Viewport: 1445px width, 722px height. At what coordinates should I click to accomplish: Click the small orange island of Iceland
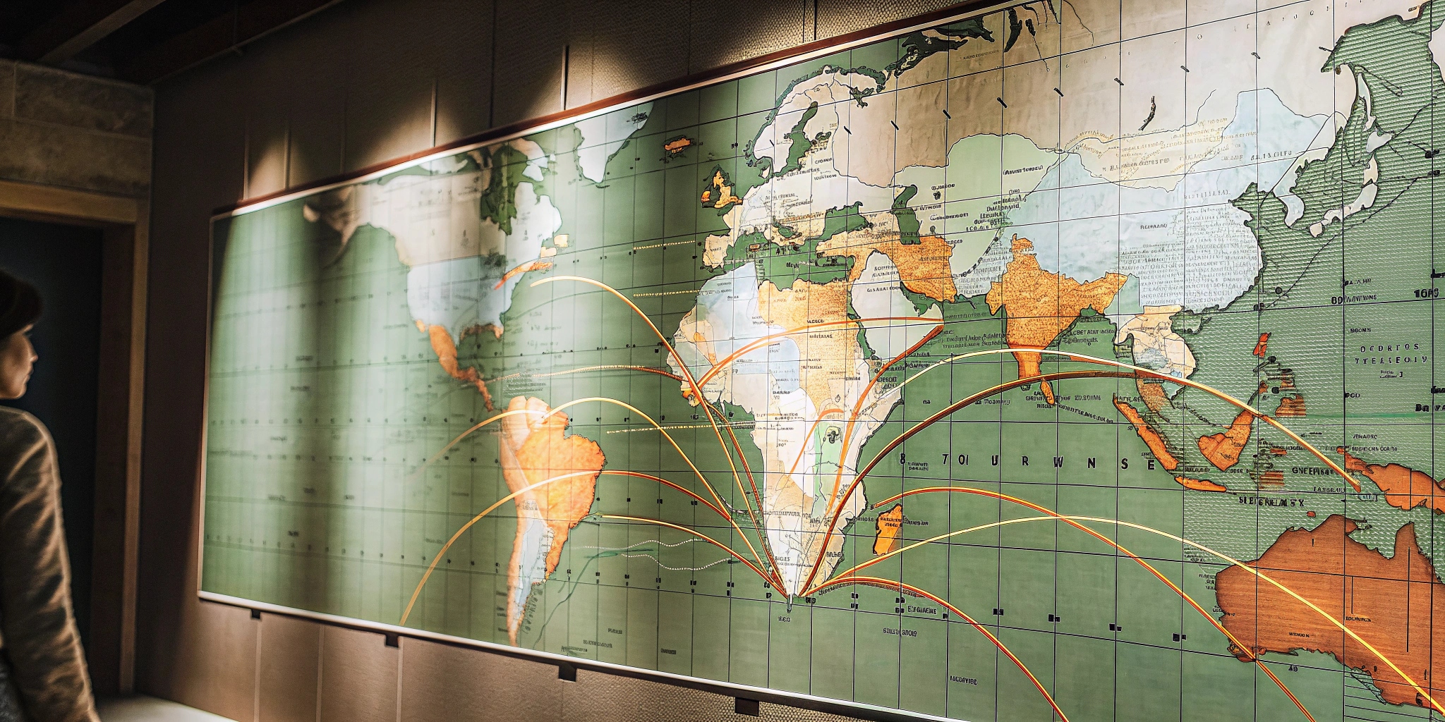pyautogui.click(x=677, y=145)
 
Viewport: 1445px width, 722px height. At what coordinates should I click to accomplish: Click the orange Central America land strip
pyautogui.click(x=459, y=360)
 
